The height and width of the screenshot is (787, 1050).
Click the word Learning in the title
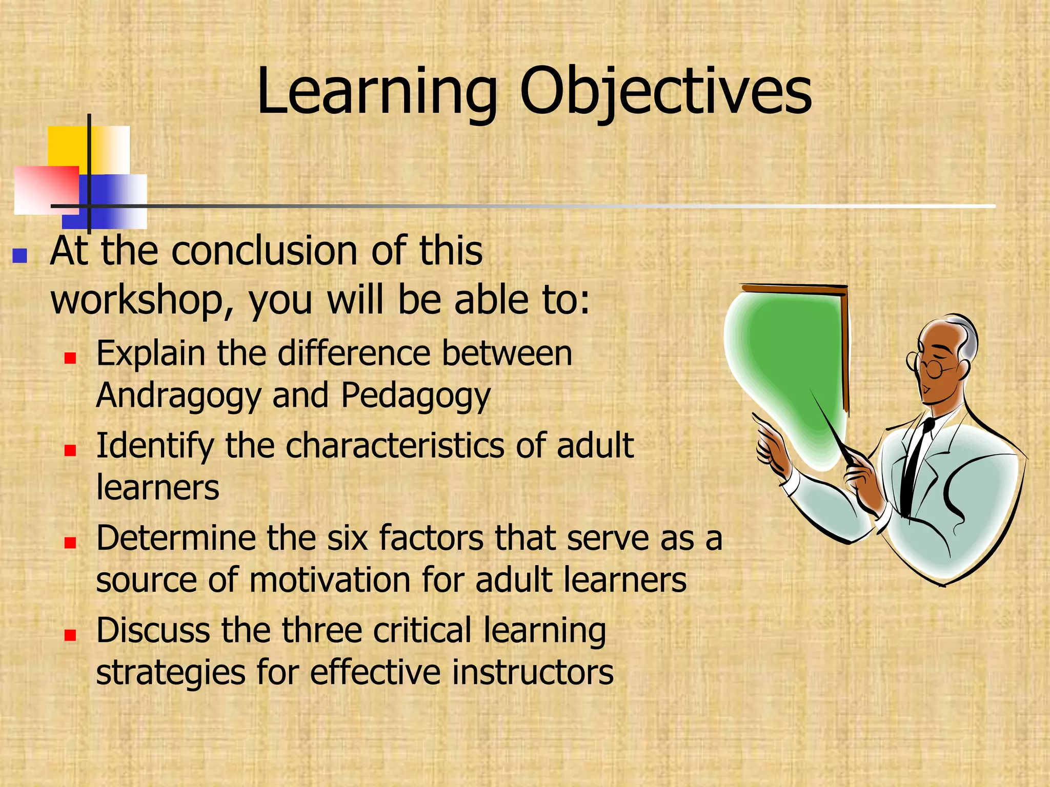pyautogui.click(x=377, y=92)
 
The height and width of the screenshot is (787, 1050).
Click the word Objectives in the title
pyautogui.click(x=665, y=92)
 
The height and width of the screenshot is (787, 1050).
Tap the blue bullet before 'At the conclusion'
pyautogui.click(x=19, y=256)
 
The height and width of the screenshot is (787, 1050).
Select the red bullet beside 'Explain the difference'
pyautogui.click(x=70, y=358)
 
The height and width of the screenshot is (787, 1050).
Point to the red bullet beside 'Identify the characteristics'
pyautogui.click(x=70, y=450)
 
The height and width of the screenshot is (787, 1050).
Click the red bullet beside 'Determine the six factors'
pyautogui.click(x=70, y=542)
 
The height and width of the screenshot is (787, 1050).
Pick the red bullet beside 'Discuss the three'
pyautogui.click(x=70, y=635)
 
